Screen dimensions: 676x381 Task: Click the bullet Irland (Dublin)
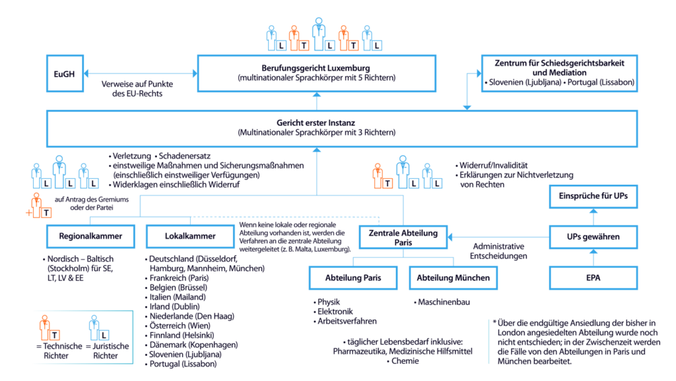172,306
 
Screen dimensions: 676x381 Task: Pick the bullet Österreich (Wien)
178,326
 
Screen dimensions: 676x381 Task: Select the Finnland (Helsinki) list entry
180,335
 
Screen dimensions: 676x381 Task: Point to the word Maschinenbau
444,302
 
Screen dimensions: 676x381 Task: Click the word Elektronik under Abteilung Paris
335,312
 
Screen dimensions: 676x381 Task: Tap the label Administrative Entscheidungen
498,252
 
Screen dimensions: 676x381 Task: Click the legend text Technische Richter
59,351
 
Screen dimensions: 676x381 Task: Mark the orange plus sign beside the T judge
29,213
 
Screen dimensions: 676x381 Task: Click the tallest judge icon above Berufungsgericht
319,34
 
